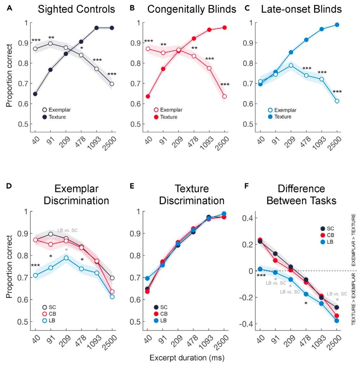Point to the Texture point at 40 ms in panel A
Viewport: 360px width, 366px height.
point(35,94)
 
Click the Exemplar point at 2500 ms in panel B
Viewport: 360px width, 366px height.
point(224,97)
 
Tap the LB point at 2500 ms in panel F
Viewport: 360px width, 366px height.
point(337,321)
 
